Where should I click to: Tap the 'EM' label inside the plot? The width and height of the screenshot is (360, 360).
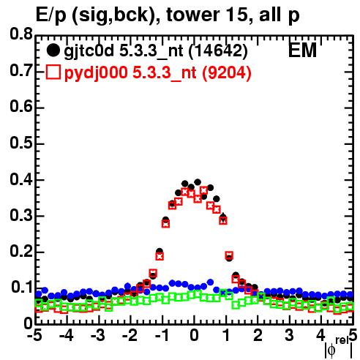[x=302, y=50]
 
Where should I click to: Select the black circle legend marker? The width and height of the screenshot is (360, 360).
[x=53, y=50]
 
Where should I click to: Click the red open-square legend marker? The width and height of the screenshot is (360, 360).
[x=53, y=72]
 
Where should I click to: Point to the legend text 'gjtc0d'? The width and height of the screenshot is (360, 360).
[x=89, y=52]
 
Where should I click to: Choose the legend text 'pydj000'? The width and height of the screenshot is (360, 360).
[x=96, y=73]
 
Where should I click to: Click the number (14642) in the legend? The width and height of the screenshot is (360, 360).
[x=218, y=51]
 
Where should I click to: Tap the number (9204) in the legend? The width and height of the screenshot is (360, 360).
[x=227, y=73]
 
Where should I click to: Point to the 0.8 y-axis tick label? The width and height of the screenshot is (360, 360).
[x=21, y=34]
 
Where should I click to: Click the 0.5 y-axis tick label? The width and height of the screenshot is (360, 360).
[x=21, y=143]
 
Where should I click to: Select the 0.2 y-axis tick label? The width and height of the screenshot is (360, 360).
[x=21, y=251]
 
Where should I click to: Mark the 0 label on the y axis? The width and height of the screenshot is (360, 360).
[x=28, y=323]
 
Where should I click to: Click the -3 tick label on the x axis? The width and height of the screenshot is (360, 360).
[x=98, y=335]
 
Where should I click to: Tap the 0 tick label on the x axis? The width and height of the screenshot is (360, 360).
[x=194, y=335]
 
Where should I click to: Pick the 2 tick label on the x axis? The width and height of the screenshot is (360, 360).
[x=258, y=335]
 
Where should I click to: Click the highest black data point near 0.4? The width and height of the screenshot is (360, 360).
[x=198, y=182]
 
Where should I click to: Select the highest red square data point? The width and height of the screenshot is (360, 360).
[x=204, y=190]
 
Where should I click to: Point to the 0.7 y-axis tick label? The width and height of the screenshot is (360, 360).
[x=21, y=70]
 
